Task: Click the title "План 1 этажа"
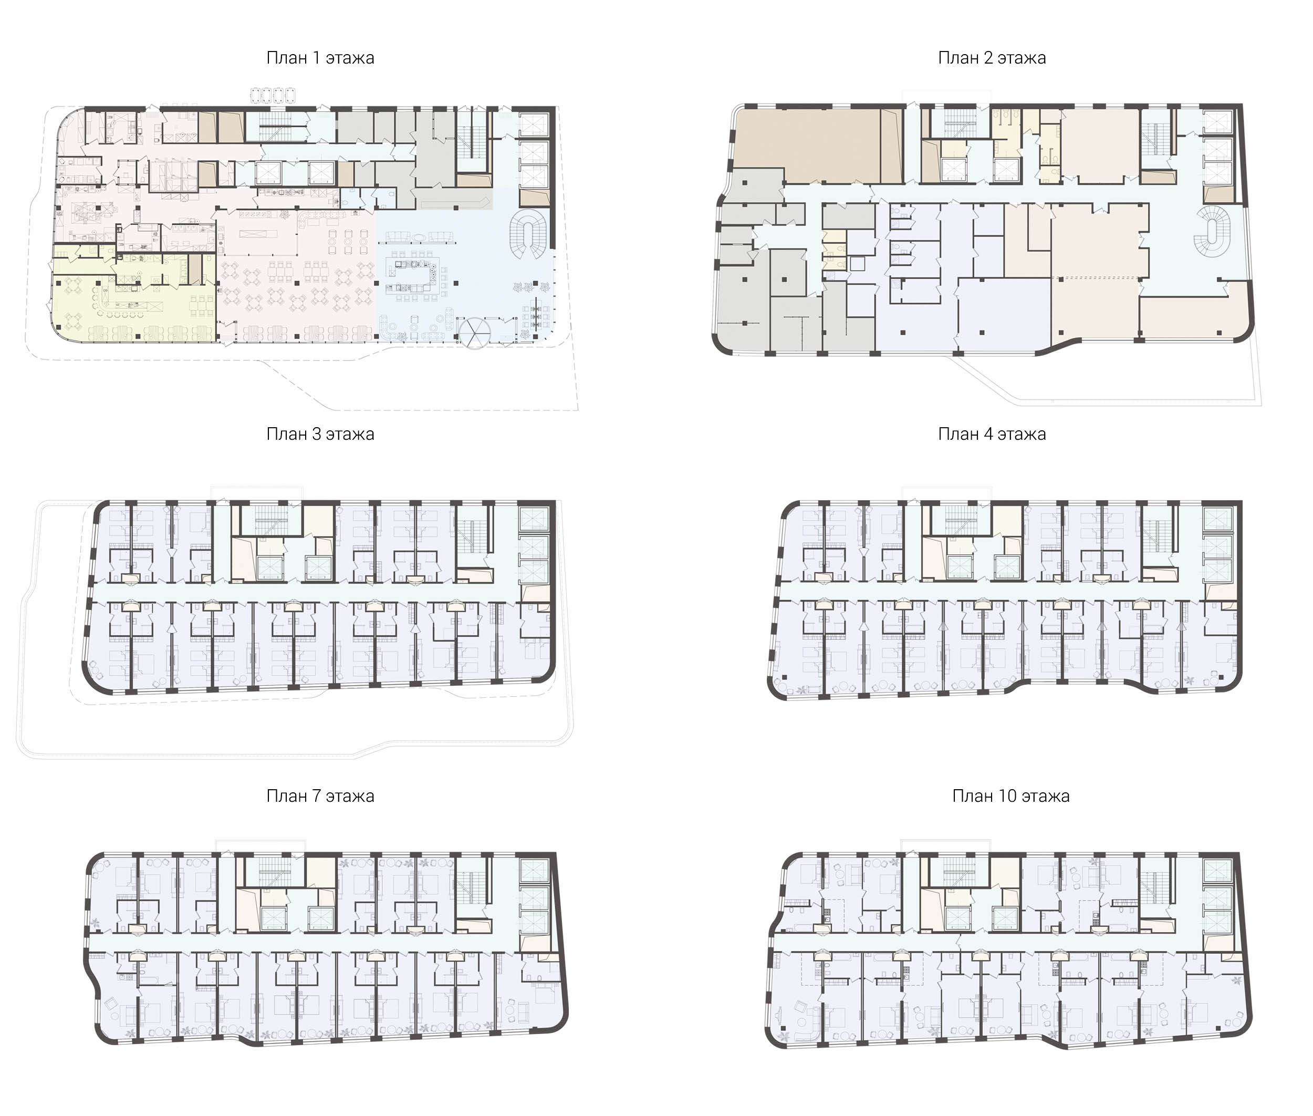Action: coord(320,58)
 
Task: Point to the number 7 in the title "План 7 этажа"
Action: coord(316,796)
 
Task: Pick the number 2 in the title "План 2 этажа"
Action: coord(988,58)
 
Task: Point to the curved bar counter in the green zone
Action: coord(127,304)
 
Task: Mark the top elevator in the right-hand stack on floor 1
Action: coord(533,125)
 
